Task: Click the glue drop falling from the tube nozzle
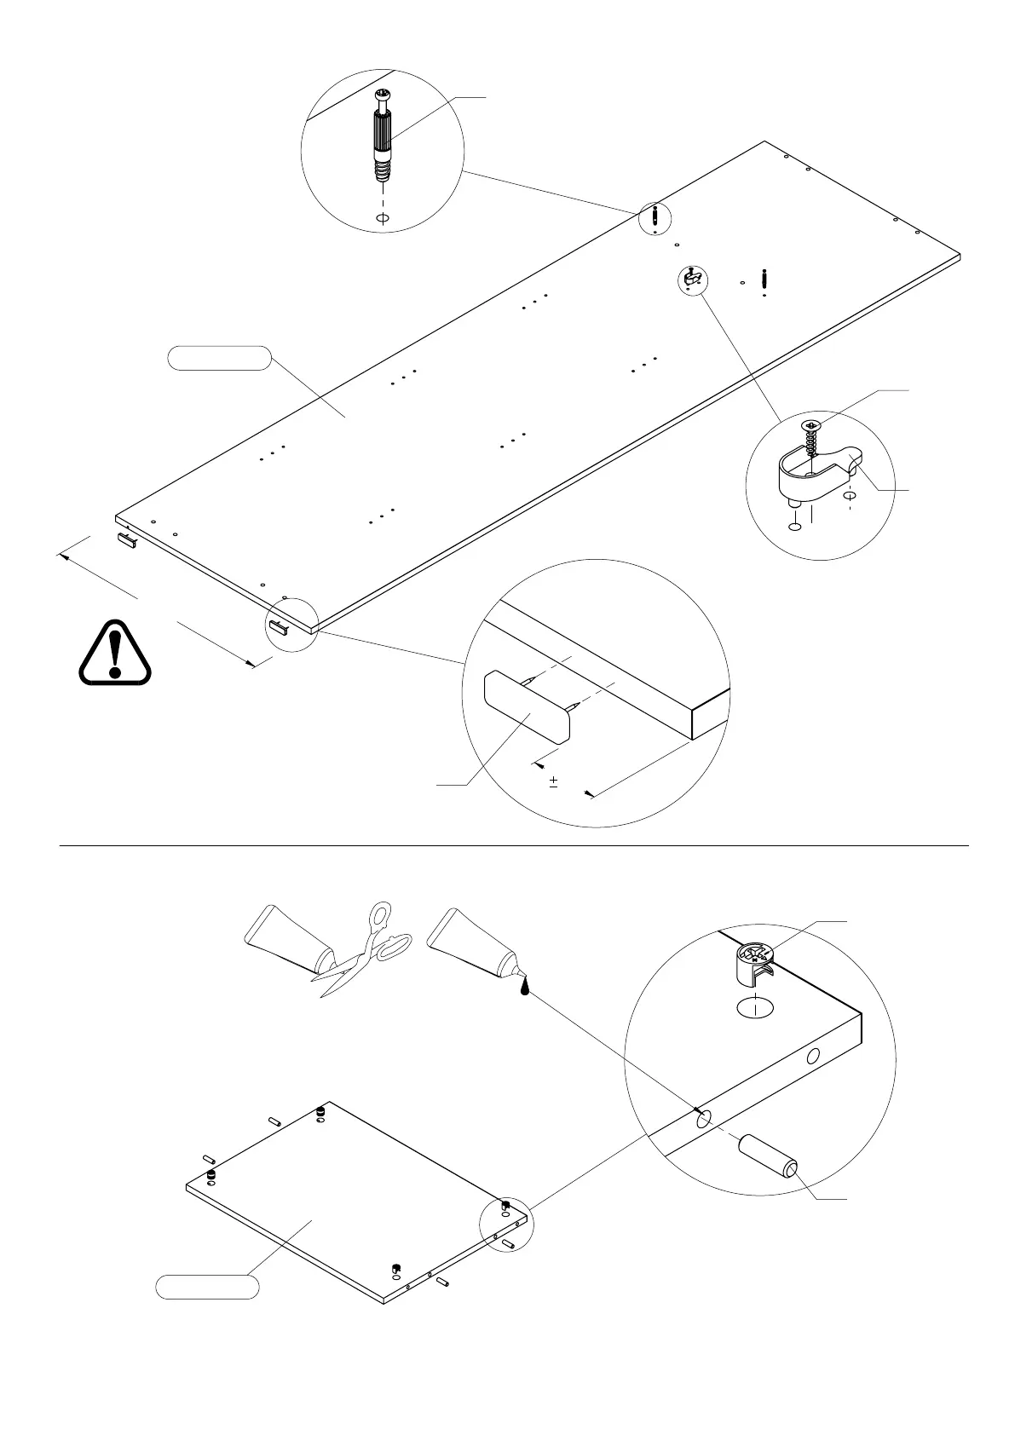pyautogui.click(x=526, y=986)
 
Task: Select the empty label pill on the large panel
pyautogui.click(x=220, y=358)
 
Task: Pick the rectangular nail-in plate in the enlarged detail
pyautogui.click(x=527, y=708)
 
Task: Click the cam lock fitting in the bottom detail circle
pyautogui.click(x=754, y=964)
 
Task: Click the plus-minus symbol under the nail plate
pyautogui.click(x=554, y=781)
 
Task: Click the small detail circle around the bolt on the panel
pyautogui.click(x=654, y=219)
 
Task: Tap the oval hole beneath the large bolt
pyautogui.click(x=383, y=219)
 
